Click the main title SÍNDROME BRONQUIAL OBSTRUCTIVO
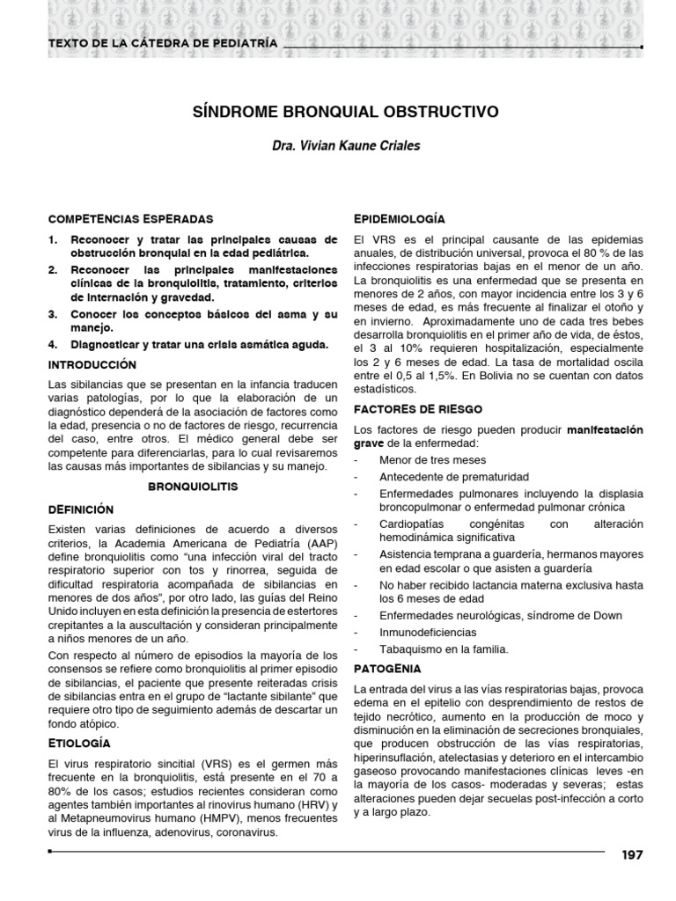point(345,112)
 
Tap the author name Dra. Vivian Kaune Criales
point(345,146)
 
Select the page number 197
point(633,855)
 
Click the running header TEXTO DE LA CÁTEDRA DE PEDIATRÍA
point(163,42)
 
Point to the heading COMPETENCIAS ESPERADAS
point(130,218)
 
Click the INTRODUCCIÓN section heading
point(92,363)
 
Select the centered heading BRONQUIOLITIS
point(193,486)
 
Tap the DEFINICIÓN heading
point(82,509)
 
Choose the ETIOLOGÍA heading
point(80,744)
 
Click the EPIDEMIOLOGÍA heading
point(399,218)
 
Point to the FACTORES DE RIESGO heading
point(417,409)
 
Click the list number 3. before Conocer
point(54,313)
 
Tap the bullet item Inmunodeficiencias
point(429,632)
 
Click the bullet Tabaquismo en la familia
point(444,649)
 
